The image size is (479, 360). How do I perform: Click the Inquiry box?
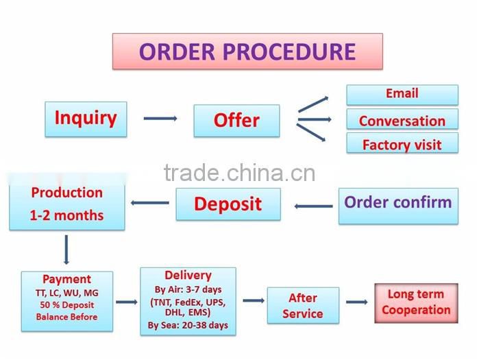pos(86,119)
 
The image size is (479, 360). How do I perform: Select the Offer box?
pos(236,121)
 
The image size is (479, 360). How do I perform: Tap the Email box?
pos(402,95)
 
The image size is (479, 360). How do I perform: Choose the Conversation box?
pos(402,120)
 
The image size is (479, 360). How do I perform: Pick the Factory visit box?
pos(402,144)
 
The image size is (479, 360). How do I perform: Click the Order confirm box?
pos(397,204)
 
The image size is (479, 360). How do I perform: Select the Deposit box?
pos(228,204)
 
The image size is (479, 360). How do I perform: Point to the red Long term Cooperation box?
pos(416,302)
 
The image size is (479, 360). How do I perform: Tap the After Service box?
pos(302,306)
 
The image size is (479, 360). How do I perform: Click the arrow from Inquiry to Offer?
pos(160,119)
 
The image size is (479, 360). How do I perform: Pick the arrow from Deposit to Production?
pos(149,203)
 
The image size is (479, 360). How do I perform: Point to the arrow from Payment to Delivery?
pos(126,302)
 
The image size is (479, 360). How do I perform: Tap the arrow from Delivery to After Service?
pos(253,300)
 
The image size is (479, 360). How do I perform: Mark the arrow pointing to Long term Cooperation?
pos(356,302)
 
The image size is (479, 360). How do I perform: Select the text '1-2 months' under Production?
pos(66,215)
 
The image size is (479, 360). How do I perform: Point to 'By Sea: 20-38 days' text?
pos(188,325)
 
